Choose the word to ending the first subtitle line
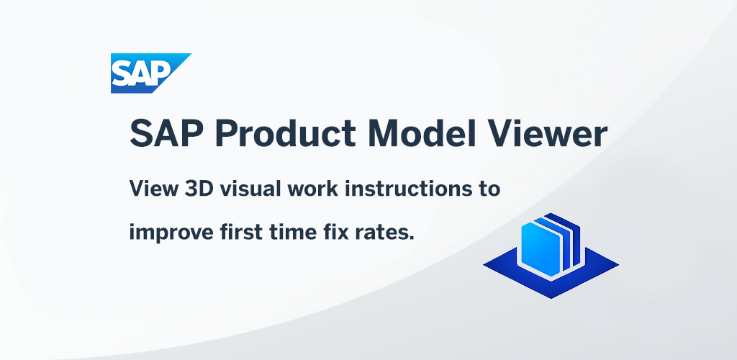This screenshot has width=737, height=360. coord(487,190)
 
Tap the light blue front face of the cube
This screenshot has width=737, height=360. coord(541,249)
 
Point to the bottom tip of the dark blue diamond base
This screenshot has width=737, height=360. coord(551,298)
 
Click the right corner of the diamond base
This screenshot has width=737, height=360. coord(618,265)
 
